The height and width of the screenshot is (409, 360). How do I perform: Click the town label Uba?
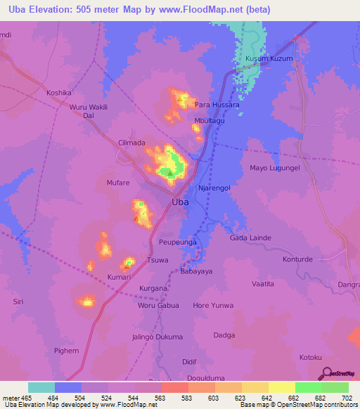(x=180, y=202)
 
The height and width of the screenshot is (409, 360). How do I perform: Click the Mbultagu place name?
(x=211, y=121)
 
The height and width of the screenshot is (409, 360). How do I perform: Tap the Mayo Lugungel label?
(x=275, y=168)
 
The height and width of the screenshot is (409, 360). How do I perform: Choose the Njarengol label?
(x=214, y=188)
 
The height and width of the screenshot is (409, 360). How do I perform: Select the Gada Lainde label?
(x=250, y=238)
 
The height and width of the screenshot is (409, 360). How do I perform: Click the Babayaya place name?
(x=197, y=271)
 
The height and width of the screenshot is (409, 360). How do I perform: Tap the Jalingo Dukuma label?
(x=157, y=337)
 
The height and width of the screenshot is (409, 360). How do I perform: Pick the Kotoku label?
(x=311, y=357)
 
